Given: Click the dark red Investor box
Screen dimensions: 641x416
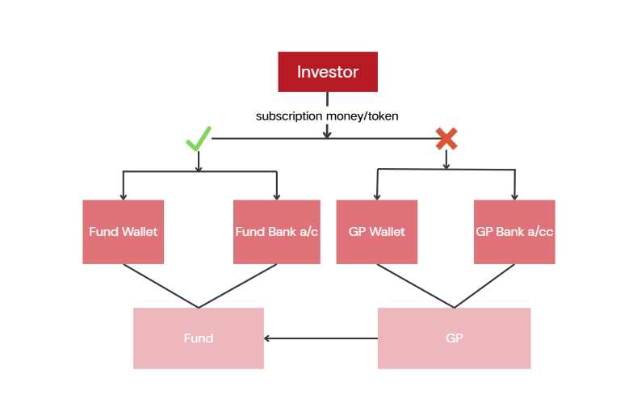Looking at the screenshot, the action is pos(328,72).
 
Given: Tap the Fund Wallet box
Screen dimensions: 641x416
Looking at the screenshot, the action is pos(123,232).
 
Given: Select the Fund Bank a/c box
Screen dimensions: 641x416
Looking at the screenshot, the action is pos(277,232).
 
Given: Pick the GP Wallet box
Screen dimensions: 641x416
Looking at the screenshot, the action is pos(377,232).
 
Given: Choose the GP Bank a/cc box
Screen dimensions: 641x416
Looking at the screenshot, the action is pos(515,232).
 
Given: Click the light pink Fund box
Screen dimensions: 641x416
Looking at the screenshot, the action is pos(199,338).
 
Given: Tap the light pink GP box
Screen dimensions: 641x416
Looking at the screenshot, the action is pos(455,338).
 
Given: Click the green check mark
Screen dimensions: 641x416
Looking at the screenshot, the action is pos(199,139).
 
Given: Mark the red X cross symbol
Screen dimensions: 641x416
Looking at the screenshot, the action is pos(446,139).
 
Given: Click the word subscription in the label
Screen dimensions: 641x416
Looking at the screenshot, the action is pos(289,116).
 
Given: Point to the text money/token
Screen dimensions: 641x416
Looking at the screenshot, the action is pos(362,116).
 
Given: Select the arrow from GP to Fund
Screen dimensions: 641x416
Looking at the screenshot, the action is pos(321,338).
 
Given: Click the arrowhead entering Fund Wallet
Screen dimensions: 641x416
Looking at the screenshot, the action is pos(123,197).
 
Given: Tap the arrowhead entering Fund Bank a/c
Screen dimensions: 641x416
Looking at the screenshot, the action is pos(277,197).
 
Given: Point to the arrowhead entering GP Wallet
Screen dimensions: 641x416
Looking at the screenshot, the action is pos(377,197).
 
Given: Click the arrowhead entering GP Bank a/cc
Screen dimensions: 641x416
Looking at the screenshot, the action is pos(515,197).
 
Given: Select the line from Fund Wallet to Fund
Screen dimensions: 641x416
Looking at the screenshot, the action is pos(161,286).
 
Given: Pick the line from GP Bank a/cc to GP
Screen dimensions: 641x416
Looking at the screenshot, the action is pos(484,286).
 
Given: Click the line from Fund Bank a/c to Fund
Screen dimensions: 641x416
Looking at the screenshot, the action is pos(237,286).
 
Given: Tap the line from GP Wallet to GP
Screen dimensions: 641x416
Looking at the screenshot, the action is pos(415,286).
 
